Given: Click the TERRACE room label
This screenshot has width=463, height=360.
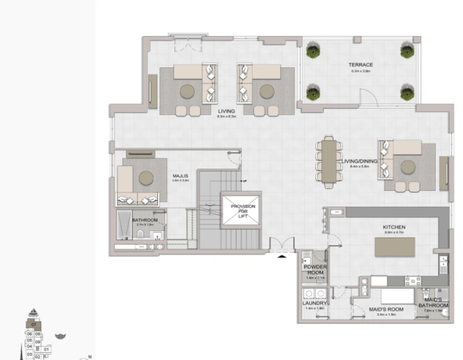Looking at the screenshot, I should pyautogui.click(x=361, y=65).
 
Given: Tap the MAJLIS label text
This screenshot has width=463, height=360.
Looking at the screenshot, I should pyautogui.click(x=181, y=176).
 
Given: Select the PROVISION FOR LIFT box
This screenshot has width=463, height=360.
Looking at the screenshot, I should pyautogui.click(x=243, y=210).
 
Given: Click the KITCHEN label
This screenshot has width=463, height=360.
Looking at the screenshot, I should pyautogui.click(x=394, y=227).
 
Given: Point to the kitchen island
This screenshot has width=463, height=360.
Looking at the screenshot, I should pyautogui.click(x=395, y=247).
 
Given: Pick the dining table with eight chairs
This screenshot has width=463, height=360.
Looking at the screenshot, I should pyautogui.click(x=328, y=160).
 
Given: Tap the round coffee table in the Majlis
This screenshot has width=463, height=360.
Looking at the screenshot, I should pyautogui.click(x=146, y=178).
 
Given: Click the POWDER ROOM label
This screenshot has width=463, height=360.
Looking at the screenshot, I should pyautogui.click(x=316, y=270).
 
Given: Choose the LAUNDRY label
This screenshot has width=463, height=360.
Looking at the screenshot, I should pyautogui.click(x=315, y=304).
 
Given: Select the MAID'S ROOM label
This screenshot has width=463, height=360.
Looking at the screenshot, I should pyautogui.click(x=386, y=310).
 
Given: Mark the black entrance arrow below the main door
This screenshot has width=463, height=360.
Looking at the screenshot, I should pyautogui.click(x=282, y=256).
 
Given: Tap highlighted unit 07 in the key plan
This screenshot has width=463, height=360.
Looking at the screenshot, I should pyautogui.click(x=34, y=325).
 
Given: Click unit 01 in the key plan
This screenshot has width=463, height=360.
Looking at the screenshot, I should pyautogui.click(x=46, y=349).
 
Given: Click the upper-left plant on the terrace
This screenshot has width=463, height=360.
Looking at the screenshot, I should pyautogui.click(x=312, y=52).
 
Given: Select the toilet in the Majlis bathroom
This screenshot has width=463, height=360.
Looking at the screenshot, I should pyautogui.click(x=139, y=235).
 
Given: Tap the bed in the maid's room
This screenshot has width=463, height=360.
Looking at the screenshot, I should pyautogui.click(x=397, y=297).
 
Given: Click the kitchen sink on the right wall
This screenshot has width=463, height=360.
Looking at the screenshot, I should pyautogui.click(x=443, y=262).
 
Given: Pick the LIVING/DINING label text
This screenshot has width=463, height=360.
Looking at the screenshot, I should pyautogui.click(x=359, y=162).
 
